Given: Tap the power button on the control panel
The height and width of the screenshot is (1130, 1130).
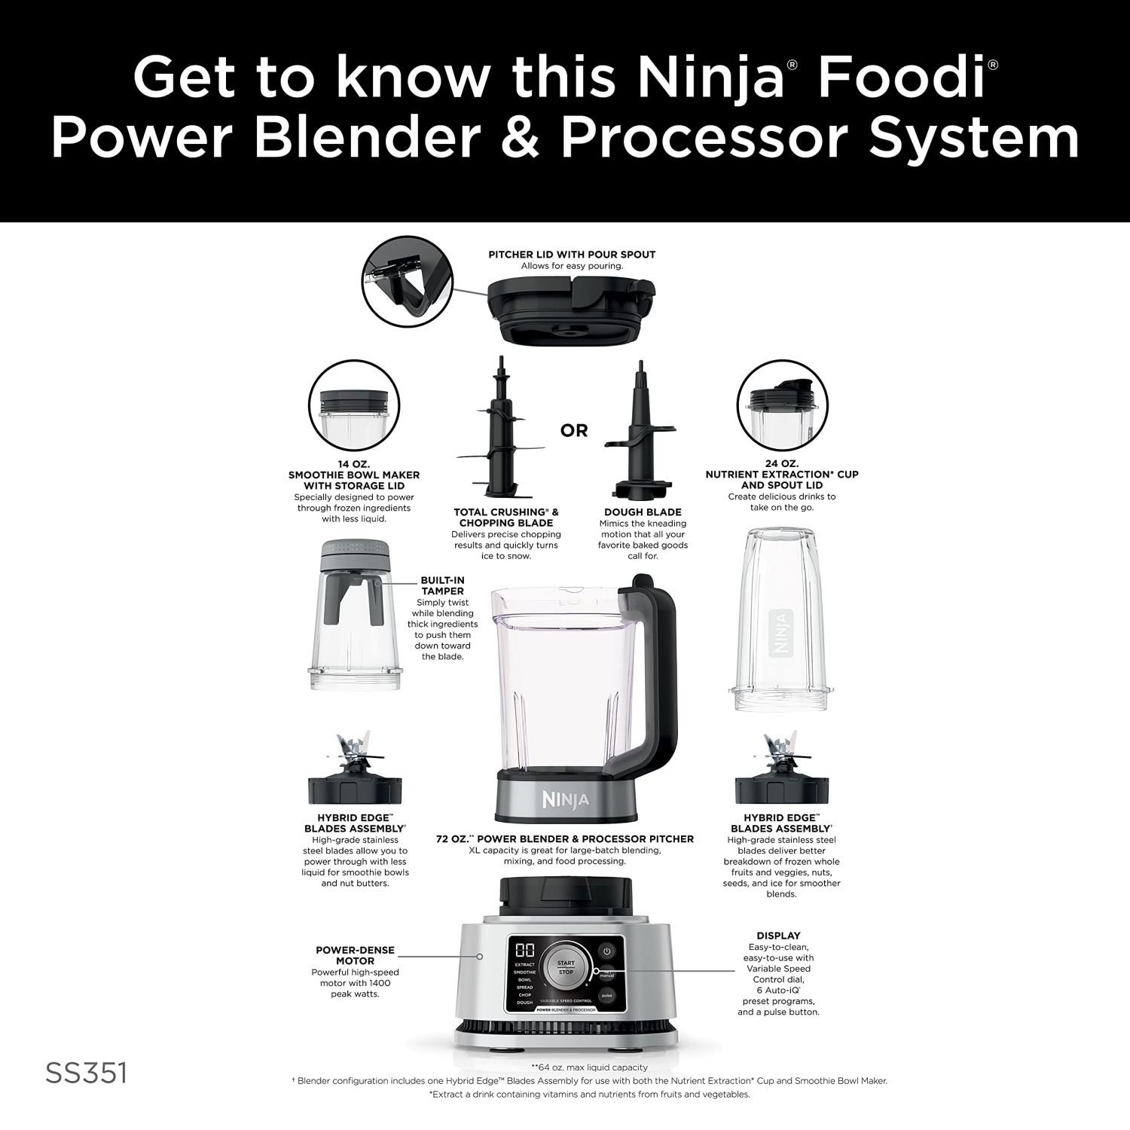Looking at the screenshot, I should pos(606,951).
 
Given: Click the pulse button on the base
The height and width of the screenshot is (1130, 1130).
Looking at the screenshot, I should pos(606,996).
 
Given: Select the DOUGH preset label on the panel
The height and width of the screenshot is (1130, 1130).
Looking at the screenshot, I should pos(524,1003).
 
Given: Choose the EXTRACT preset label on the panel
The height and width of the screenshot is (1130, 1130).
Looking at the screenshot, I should pos(524,964).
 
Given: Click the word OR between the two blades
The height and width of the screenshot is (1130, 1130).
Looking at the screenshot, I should pos(574,431).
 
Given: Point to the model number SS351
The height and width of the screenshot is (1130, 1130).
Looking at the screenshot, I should pos(86,1073).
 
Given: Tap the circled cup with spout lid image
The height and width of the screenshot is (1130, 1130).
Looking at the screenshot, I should pos(782,407).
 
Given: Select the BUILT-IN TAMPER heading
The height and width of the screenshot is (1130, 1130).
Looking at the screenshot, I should pos(442,585).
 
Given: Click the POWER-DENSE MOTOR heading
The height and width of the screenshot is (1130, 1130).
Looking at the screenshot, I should pos(355,955).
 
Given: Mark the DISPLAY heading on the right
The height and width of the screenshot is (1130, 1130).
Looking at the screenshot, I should pos(778,936).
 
